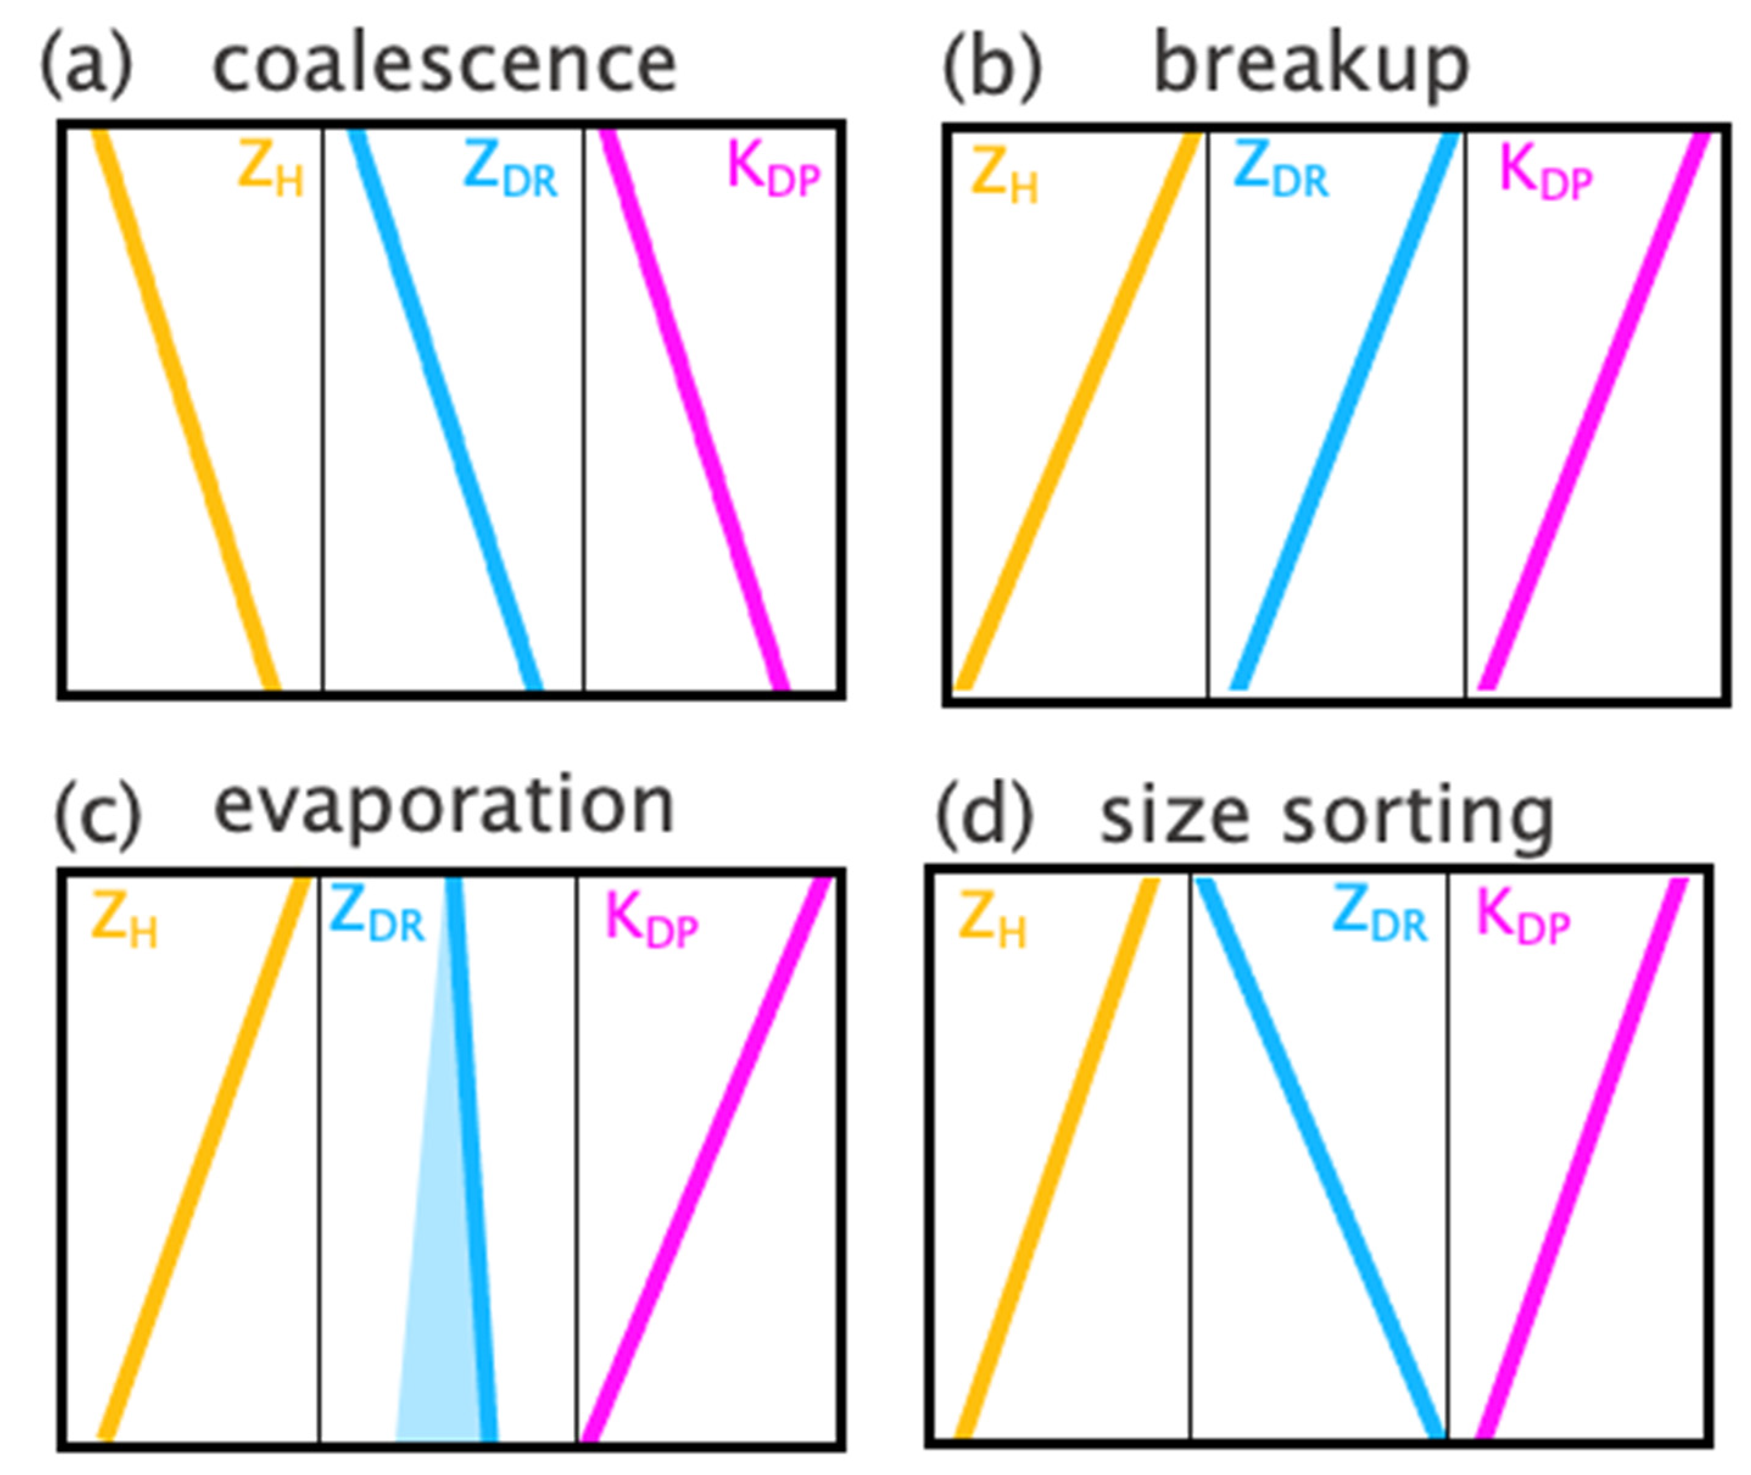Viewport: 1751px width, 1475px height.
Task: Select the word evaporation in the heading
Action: click(x=444, y=805)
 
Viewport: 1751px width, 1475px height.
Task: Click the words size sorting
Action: click(x=1327, y=815)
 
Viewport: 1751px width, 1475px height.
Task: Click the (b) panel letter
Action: click(x=993, y=67)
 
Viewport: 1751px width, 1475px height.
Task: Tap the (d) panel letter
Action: click(x=984, y=815)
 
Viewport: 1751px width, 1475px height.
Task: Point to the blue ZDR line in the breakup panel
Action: click(x=1345, y=410)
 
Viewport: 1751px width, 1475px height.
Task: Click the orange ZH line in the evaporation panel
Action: click(x=205, y=1158)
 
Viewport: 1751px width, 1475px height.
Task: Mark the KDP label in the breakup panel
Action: click(x=1545, y=173)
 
